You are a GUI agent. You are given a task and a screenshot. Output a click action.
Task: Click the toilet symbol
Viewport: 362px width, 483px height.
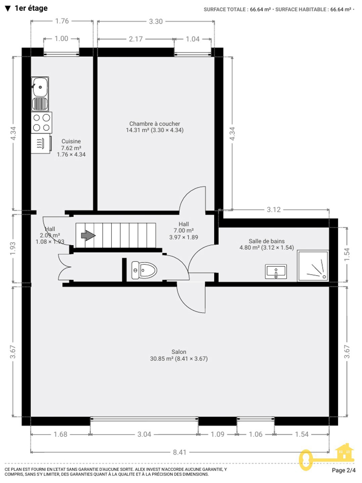(x=144, y=270)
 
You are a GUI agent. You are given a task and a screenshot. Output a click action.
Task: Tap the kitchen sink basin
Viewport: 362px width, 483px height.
(x=40, y=87)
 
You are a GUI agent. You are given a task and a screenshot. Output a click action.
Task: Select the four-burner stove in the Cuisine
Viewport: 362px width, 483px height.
(x=41, y=122)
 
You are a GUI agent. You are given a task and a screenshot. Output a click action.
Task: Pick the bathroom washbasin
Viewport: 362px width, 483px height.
(x=276, y=272)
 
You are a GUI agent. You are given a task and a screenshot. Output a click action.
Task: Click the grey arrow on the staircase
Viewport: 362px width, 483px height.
(x=88, y=235)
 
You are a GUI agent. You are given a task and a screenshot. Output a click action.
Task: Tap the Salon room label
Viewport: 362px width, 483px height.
(x=179, y=352)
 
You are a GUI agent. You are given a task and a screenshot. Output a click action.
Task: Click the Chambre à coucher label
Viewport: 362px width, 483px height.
(x=154, y=124)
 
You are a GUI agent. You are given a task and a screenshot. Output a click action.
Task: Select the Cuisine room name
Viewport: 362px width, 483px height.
(x=71, y=141)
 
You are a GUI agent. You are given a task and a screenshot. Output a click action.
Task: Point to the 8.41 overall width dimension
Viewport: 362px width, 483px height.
(x=180, y=452)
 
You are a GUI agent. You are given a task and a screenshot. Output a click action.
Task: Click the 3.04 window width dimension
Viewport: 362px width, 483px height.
(x=144, y=434)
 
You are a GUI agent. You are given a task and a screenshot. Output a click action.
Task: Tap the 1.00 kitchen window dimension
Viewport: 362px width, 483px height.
(x=61, y=39)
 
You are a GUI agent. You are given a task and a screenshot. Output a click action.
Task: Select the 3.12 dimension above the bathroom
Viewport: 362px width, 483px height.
(x=274, y=210)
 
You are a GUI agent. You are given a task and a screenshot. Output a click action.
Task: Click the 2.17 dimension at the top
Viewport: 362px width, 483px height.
(x=136, y=39)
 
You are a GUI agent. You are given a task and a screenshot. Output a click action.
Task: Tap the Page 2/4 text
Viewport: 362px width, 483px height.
(x=344, y=470)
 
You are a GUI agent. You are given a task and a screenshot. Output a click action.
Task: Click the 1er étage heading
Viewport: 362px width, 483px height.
(x=31, y=8)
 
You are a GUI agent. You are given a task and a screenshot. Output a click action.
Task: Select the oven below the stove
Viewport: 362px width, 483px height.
(x=41, y=144)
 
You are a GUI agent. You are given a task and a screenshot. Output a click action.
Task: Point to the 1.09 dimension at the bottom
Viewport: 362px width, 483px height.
(x=218, y=434)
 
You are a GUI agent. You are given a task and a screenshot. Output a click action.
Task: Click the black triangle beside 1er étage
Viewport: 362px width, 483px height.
(x=8, y=9)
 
